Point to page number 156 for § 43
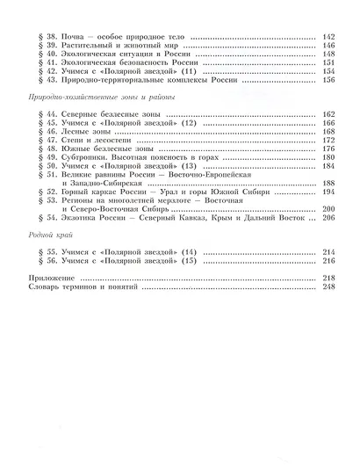[329, 79]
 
